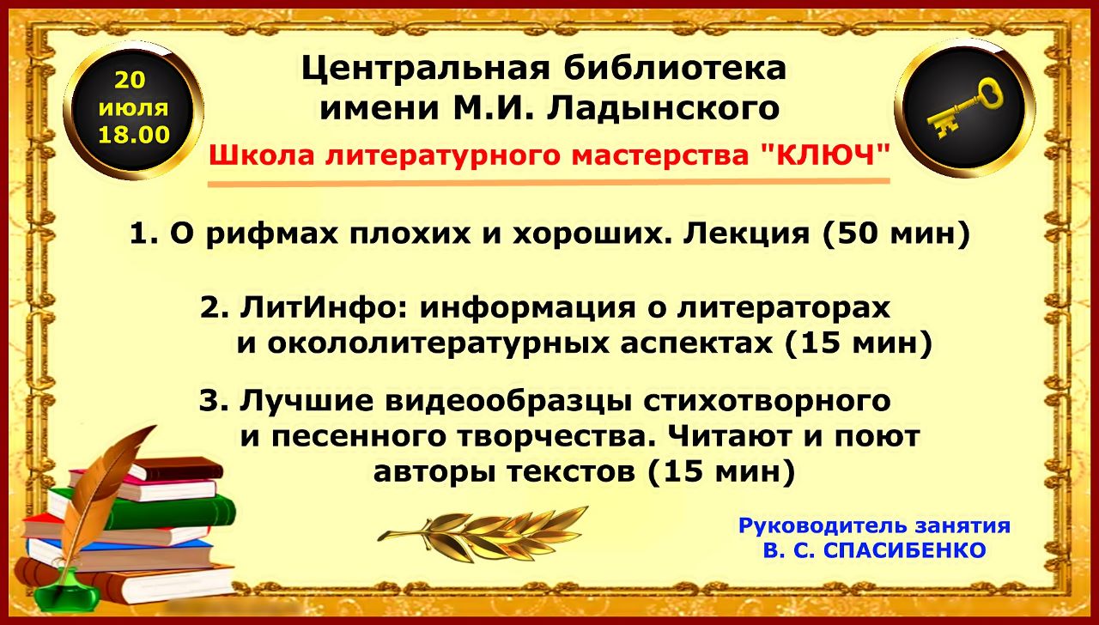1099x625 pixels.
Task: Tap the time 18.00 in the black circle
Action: click(x=134, y=135)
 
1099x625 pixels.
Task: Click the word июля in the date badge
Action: click(x=133, y=107)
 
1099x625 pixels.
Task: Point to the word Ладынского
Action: click(x=663, y=109)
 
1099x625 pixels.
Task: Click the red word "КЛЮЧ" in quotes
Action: click(x=826, y=155)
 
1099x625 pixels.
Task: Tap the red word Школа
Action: click(x=261, y=155)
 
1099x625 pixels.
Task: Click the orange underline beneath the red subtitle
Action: click(x=549, y=183)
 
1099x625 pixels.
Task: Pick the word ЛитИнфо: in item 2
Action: click(x=324, y=308)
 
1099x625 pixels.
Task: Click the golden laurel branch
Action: click(x=483, y=534)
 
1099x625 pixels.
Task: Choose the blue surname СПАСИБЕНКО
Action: click(x=904, y=550)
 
